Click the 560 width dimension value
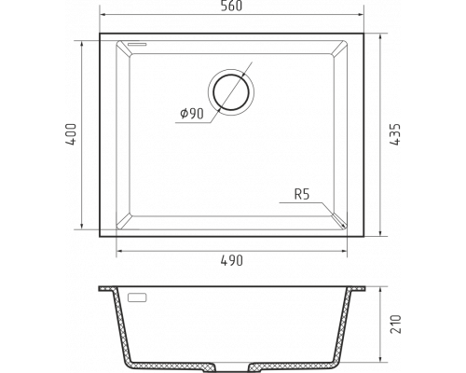click(231, 7)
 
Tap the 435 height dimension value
click(395, 134)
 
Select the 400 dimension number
click(71, 134)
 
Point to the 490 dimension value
click(232, 260)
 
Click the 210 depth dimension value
click(395, 325)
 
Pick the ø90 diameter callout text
click(192, 114)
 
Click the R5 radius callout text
click(302, 195)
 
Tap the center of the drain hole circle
click(231, 92)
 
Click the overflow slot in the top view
click(137, 44)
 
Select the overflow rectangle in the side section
click(137, 297)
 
